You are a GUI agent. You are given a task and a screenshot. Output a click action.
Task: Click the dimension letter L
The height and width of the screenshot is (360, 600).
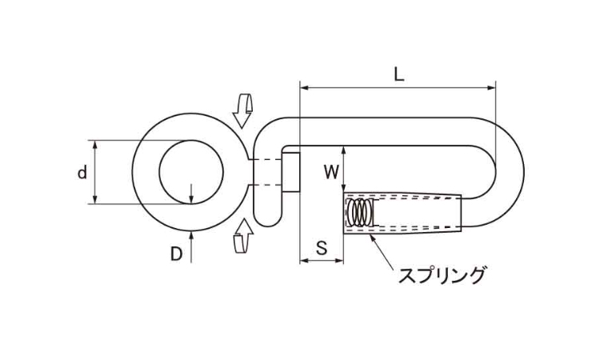click(398, 74)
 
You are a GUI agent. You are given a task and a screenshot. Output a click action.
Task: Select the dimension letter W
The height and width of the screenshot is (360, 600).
click(331, 172)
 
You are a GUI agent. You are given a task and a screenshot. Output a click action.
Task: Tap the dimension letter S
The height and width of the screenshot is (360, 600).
click(322, 248)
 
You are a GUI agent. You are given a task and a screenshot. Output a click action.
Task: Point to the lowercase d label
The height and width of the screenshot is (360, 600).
click(82, 173)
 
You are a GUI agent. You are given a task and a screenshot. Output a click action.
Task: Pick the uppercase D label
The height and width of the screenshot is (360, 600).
click(176, 254)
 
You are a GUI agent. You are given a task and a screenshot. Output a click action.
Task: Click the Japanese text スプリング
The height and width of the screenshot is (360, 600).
click(442, 275)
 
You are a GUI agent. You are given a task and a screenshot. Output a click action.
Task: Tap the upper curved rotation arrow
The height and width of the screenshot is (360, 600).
click(242, 110)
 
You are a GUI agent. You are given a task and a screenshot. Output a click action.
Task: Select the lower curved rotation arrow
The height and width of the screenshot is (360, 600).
click(243, 236)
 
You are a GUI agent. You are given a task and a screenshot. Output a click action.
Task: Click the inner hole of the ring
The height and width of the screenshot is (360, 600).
click(191, 172)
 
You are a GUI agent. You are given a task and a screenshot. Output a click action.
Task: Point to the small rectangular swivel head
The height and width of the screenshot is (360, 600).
click(291, 172)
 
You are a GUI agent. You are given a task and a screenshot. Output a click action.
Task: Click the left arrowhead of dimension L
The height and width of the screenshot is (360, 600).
click(305, 88)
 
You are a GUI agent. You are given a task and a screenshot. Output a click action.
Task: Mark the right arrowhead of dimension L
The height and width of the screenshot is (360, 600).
click(491, 88)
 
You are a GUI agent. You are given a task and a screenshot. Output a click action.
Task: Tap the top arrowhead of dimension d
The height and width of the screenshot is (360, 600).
click(95, 145)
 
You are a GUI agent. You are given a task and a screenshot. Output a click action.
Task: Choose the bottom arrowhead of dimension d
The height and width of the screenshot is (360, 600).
click(95, 199)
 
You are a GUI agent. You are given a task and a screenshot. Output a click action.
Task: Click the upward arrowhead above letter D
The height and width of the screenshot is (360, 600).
click(191, 236)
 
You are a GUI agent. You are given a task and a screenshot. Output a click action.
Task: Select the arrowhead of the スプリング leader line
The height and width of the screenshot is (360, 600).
click(373, 238)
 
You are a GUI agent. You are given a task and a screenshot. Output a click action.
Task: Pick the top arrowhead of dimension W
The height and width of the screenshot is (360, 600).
click(344, 150)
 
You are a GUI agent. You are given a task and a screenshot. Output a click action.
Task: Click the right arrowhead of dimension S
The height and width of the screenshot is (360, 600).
click(339, 261)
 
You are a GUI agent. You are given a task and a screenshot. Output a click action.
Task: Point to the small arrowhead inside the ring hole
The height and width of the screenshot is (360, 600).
click(191, 199)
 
